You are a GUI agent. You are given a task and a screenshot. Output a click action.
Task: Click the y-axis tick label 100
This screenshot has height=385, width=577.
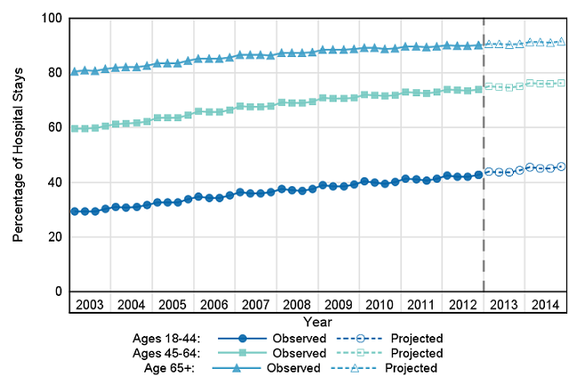(51, 18)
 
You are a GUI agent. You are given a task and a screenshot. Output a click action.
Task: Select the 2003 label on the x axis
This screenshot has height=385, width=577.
(90, 305)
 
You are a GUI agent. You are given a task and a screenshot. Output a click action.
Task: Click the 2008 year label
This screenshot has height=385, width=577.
(297, 305)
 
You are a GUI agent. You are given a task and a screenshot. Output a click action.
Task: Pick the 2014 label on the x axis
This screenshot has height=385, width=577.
(545, 305)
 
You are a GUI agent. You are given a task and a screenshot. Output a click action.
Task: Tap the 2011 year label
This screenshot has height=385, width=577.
(420, 305)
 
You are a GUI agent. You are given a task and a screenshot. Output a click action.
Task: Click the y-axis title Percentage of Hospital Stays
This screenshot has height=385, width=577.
(18, 155)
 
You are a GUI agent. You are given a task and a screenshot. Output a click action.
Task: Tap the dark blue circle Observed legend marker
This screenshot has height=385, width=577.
(241, 339)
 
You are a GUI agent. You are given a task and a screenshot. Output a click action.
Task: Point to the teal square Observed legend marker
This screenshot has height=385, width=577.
(241, 353)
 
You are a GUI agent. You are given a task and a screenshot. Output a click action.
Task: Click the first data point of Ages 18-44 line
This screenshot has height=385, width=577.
(75, 211)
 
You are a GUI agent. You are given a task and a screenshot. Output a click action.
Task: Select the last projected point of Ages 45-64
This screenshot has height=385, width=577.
(561, 83)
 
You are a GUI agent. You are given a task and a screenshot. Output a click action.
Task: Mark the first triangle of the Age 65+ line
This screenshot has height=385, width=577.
(75, 71)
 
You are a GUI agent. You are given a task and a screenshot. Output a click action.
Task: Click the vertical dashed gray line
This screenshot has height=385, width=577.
(484, 178)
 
